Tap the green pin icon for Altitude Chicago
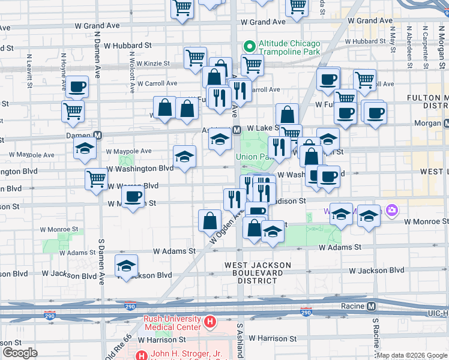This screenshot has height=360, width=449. pyautogui.click(x=249, y=46)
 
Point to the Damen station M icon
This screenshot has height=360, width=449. pyautogui.click(x=97, y=136)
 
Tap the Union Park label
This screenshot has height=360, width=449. pyautogui.click(x=253, y=157)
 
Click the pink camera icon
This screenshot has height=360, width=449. pyautogui.click(x=392, y=210)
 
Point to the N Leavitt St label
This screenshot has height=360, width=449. pyautogui.click(x=28, y=71)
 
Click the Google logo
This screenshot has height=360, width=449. pyautogui.click(x=20, y=353)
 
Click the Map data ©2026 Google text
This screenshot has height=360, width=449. pyautogui.click(x=412, y=355)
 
